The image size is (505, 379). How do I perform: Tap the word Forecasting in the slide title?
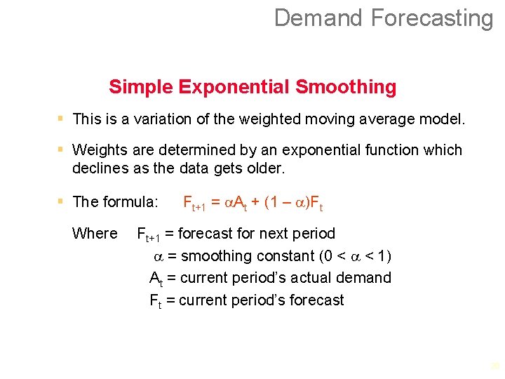[432, 18]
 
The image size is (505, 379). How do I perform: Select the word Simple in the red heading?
[140, 87]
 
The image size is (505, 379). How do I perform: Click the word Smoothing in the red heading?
[346, 87]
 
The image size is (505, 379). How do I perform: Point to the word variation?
[159, 119]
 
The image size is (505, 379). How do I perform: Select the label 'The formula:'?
[116, 202]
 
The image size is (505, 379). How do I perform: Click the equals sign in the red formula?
[215, 202]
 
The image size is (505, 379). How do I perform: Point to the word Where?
[95, 233]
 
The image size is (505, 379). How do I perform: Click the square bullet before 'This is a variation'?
[62, 119]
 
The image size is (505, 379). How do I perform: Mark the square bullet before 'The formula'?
[62, 201]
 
